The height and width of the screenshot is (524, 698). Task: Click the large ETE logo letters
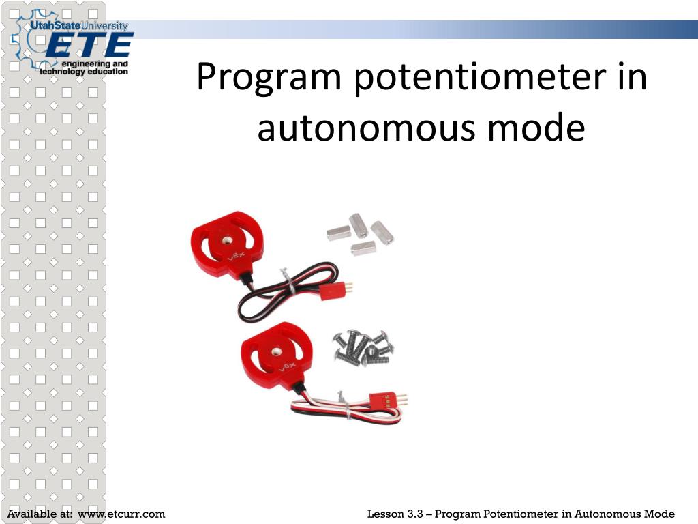click(x=89, y=46)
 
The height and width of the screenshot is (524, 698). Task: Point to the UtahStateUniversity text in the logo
click(x=78, y=26)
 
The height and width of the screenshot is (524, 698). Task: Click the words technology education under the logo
click(x=84, y=71)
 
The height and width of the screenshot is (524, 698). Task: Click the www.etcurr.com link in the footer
click(x=122, y=514)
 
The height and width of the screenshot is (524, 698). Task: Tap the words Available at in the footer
click(x=41, y=514)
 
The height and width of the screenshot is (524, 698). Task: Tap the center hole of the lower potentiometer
click(x=276, y=351)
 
